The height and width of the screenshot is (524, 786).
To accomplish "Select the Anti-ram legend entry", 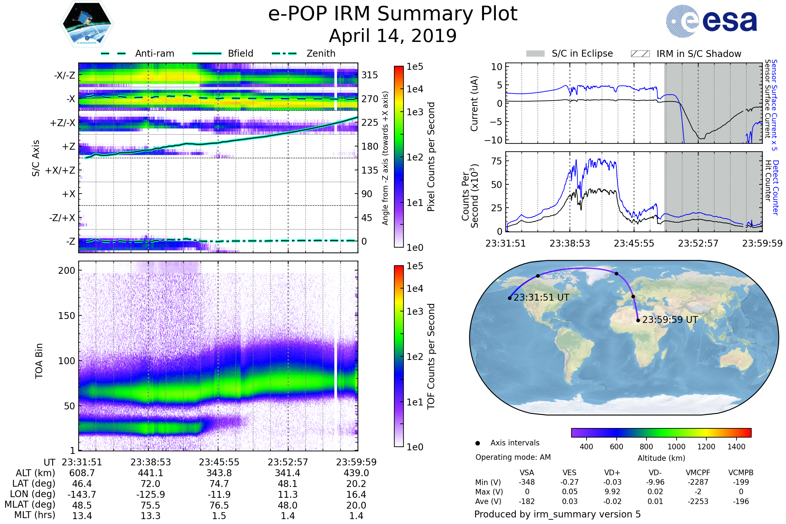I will pyautogui.click(x=154, y=53).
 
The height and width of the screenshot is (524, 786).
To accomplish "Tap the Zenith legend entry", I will pyautogui.click(x=321, y=53).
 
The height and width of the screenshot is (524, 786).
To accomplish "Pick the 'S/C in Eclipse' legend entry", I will pyautogui.click(x=582, y=53).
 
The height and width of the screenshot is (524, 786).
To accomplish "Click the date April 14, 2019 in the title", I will pyautogui.click(x=393, y=36).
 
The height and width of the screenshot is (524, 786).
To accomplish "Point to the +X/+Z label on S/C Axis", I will pyautogui.click(x=60, y=170).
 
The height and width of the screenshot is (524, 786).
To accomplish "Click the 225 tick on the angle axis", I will pyautogui.click(x=370, y=122).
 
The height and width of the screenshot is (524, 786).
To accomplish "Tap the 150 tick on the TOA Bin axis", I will pyautogui.click(x=66, y=316).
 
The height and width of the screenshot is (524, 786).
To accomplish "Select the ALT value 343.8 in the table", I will pyautogui.click(x=219, y=473).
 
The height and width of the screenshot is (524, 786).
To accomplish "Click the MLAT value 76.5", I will pyautogui.click(x=219, y=505).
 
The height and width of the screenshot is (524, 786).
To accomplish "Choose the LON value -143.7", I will pyautogui.click(x=82, y=495).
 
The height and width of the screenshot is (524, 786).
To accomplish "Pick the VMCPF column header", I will pyautogui.click(x=698, y=473).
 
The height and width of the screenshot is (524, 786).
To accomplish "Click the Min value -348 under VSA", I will pyautogui.click(x=527, y=482).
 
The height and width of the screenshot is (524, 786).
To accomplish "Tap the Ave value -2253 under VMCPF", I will pyautogui.click(x=698, y=502).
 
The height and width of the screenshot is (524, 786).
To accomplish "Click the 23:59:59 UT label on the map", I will pyautogui.click(x=670, y=320).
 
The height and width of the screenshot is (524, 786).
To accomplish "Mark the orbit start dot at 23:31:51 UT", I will pyautogui.click(x=510, y=298).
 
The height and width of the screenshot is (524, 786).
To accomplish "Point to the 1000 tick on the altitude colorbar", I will pyautogui.click(x=676, y=447).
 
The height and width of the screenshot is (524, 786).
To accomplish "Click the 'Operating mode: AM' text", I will pyautogui.click(x=513, y=457).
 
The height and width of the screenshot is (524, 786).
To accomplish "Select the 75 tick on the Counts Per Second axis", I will pyautogui.click(x=496, y=161).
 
